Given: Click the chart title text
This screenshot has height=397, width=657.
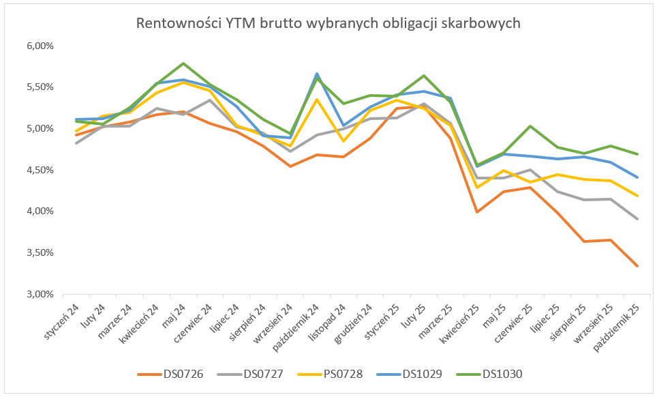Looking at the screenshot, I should pyautogui.click(x=328, y=23).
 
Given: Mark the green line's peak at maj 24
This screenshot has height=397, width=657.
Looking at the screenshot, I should pyautogui.click(x=183, y=63).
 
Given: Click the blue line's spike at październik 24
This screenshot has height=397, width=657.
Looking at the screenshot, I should pyautogui.click(x=317, y=74).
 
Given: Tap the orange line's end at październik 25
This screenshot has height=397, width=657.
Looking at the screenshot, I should pyautogui.click(x=637, y=266).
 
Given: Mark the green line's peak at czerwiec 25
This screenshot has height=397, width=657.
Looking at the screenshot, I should pyautogui.click(x=530, y=126).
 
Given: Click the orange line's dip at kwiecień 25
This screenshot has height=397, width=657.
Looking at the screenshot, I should pyautogui.click(x=477, y=211).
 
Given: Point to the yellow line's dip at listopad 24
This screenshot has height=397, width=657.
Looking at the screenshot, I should pyautogui.click(x=343, y=141).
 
